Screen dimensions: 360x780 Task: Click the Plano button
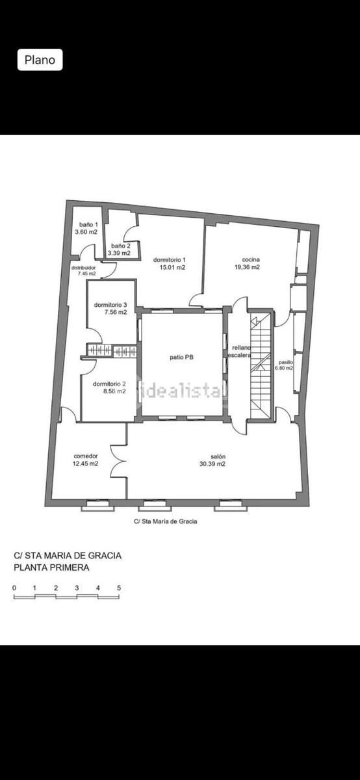tap(40, 60)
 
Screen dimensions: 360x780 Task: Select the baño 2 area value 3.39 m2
tap(120, 253)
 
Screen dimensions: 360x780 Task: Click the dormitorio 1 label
tap(170, 260)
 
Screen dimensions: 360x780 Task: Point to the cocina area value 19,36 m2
tap(247, 267)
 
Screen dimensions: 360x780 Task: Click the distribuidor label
tap(84, 268)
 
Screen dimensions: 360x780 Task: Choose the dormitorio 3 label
tap(110, 305)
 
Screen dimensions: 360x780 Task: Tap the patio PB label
tap(181, 357)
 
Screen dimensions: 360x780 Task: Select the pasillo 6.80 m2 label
tap(284, 365)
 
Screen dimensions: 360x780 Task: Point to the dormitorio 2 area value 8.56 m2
tap(114, 391)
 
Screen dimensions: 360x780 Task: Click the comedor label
tap(86, 456)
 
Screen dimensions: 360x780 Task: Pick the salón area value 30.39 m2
tap(212, 464)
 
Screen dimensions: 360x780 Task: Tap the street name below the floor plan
tap(166, 521)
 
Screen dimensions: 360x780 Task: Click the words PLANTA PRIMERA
tap(51, 567)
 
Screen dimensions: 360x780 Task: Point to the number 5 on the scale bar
tap(119, 588)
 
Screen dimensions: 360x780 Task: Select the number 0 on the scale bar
tap(14, 588)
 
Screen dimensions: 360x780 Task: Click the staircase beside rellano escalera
tap(261, 365)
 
